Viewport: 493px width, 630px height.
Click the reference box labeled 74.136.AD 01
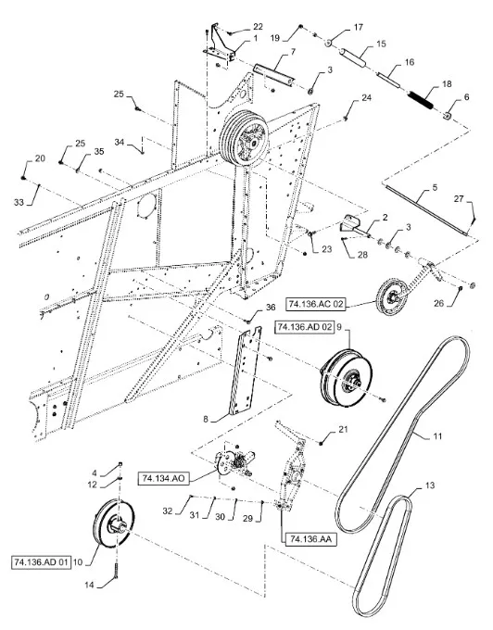point(45,561)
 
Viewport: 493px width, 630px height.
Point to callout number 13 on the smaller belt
point(427,510)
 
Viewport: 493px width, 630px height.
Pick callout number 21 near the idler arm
point(342,430)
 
